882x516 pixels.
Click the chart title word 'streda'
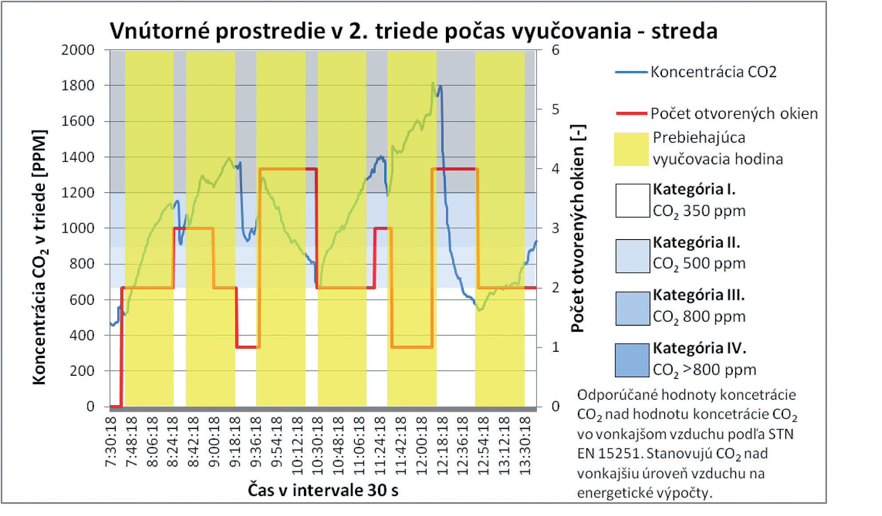[684, 31]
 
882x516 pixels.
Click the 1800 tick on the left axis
[78, 85]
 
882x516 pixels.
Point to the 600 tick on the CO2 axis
[82, 299]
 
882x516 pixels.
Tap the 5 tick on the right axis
[555, 110]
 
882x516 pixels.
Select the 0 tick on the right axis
[555, 406]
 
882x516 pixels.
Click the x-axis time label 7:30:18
[111, 442]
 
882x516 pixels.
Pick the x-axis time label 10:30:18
[317, 445]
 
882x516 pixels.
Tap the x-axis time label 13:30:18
[525, 445]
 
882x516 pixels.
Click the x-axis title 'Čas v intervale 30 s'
[323, 490]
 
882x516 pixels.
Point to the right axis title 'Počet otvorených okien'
[578, 228]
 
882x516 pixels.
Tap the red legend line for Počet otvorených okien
[631, 114]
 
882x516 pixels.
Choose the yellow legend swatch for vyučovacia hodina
[631, 149]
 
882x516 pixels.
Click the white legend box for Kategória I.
[632, 201]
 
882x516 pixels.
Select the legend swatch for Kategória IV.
[632, 360]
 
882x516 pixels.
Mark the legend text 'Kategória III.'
[698, 295]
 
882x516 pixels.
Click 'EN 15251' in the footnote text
[610, 453]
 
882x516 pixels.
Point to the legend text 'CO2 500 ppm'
[699, 264]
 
